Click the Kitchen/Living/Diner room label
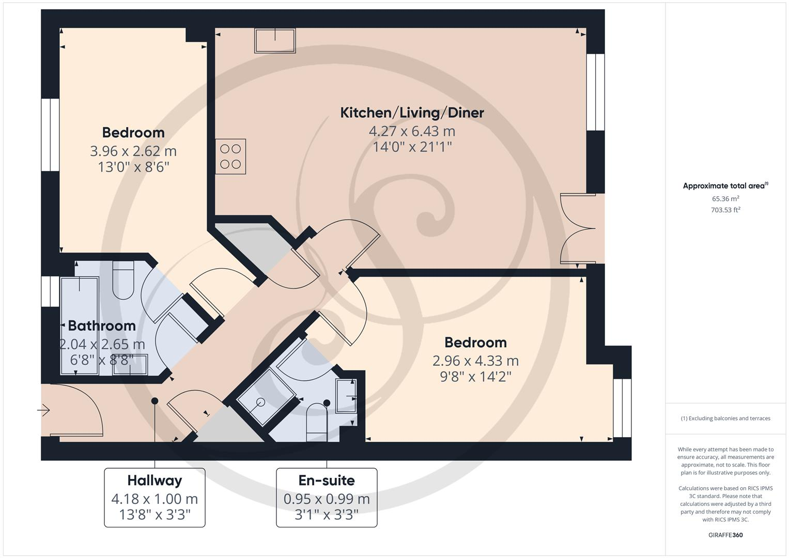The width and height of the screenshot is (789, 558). (412, 113)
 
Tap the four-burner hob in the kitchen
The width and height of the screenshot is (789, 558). (230, 157)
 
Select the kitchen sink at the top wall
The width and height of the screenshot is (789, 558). (275, 40)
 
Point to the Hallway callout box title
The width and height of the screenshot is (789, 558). (154, 481)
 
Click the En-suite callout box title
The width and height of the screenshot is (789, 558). (327, 481)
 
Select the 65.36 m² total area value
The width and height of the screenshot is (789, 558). (725, 199)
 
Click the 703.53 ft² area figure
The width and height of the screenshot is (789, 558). (725, 210)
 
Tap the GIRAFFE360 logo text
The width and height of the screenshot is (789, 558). (725, 535)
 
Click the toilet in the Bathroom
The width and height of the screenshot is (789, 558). (123, 281)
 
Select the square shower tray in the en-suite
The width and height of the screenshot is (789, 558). (266, 397)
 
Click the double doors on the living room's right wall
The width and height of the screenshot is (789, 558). (581, 229)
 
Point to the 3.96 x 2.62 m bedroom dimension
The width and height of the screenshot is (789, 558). (133, 151)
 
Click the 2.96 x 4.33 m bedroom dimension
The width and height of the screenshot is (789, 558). (475, 361)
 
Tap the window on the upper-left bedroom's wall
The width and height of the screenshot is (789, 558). (50, 134)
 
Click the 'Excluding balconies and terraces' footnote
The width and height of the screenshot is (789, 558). (725, 419)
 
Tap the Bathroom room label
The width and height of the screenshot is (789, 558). (102, 326)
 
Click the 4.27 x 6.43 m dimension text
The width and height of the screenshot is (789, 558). (412, 131)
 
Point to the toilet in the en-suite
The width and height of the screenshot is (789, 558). (316, 422)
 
